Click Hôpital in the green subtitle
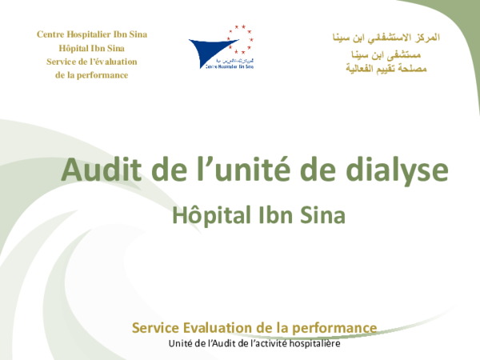208,215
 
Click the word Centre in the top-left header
51,34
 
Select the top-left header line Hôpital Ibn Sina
92,48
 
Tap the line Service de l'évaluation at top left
92,62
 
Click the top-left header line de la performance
92,75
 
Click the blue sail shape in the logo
210,49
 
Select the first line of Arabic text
386,38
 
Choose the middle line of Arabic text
386,54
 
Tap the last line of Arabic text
386,69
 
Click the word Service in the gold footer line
156,327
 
